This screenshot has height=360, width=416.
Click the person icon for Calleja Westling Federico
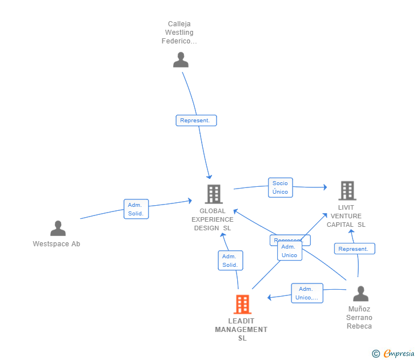[181, 59]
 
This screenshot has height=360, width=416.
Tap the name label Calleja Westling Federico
[180, 33]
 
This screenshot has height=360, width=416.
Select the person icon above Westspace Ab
[58, 228]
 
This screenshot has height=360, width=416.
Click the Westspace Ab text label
[57, 244]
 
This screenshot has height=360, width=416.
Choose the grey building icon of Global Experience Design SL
[213, 194]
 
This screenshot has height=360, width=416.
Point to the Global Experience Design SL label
[213, 219]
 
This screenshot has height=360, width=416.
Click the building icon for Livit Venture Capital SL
[347, 191]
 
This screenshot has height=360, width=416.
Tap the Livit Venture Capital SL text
[346, 216]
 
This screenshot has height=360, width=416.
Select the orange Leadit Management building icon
[242, 304]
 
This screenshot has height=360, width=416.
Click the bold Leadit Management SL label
[241, 330]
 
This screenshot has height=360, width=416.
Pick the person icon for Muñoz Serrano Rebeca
[360, 294]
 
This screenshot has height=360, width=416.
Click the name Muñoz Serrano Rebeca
[359, 318]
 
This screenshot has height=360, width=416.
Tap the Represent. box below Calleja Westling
[196, 121]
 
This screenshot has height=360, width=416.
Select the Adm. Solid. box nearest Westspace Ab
[136, 209]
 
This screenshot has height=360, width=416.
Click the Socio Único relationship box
[280, 187]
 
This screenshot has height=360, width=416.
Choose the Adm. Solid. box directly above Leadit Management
[230, 261]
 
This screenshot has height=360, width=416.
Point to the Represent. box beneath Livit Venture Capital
[354, 249]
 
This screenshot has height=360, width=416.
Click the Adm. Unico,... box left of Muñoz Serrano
[307, 293]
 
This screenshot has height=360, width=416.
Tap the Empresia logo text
[399, 353]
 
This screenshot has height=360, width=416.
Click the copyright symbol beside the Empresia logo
[376, 354]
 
